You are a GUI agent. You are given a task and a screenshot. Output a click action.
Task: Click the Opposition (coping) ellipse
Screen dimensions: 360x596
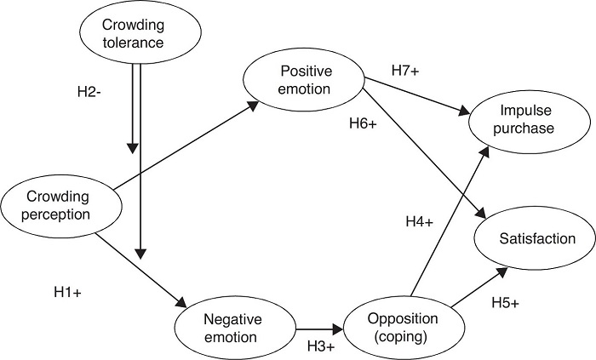(x=404, y=328)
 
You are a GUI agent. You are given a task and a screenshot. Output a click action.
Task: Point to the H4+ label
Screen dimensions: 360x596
(x=418, y=222)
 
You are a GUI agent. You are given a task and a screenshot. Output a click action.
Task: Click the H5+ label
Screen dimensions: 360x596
(x=506, y=301)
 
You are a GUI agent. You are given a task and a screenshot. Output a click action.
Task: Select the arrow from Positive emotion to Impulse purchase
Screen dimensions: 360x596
(x=417, y=99)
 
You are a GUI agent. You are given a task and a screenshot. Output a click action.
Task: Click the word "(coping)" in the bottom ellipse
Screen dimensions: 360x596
(x=403, y=337)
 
